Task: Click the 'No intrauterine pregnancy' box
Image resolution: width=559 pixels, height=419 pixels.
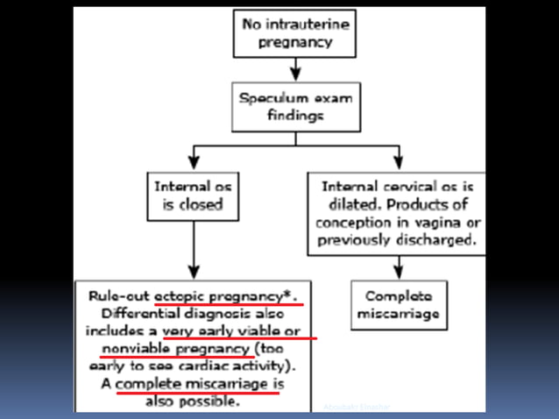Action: (295, 32)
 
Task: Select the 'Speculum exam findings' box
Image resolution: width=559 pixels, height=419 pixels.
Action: (295, 106)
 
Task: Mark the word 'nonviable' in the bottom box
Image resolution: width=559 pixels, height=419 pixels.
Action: (120, 349)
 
